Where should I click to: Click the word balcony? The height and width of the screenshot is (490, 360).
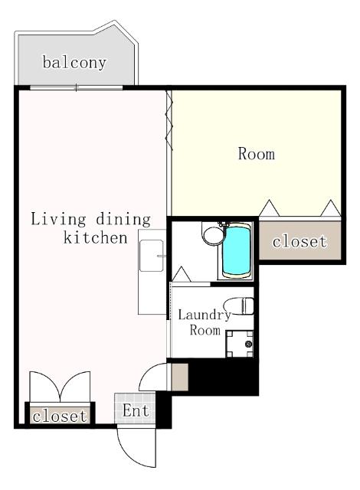pyautogui.click(x=74, y=63)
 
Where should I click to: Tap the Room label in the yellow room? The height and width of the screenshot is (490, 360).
pyautogui.click(x=257, y=154)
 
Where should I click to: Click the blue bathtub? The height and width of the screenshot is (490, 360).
pyautogui.click(x=237, y=251)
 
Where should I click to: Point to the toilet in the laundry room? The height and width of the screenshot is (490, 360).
pyautogui.click(x=238, y=306)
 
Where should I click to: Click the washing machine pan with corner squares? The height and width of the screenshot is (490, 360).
pyautogui.click(x=240, y=344)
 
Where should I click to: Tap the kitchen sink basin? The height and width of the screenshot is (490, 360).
pyautogui.click(x=152, y=256)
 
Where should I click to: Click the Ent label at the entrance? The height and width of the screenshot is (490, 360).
pyautogui.click(x=136, y=410)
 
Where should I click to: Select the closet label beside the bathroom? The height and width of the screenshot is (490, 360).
pyautogui.click(x=299, y=241)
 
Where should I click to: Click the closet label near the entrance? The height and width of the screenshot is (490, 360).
pyautogui.click(x=60, y=416)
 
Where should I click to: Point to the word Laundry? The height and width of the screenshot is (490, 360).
pyautogui.click(x=205, y=315)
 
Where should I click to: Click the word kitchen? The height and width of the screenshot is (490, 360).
pyautogui.click(x=95, y=237)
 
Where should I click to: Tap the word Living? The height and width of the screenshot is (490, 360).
pyautogui.click(x=58, y=219)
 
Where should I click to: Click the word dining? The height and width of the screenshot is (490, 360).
pyautogui.click(x=123, y=219)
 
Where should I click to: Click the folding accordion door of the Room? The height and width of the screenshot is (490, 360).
pyautogui.click(x=169, y=120)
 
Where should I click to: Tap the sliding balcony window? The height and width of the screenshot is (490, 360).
pyautogui.click(x=77, y=88)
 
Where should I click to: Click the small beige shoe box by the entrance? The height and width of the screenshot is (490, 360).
pyautogui.click(x=180, y=377)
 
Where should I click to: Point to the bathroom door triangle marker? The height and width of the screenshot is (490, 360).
pyautogui.click(x=182, y=274)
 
